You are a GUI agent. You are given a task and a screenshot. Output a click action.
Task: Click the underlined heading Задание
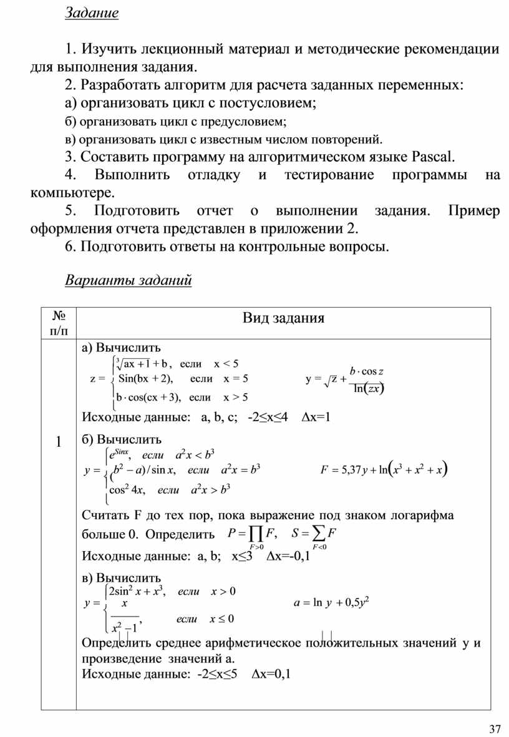tap(92, 14)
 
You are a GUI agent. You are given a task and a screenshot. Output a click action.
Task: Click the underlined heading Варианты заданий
tap(128, 280)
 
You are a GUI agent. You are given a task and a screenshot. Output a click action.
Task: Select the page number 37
tap(495, 729)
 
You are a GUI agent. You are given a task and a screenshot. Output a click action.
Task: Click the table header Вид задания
tap(284, 318)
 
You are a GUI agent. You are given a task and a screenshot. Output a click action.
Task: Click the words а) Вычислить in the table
tap(121, 348)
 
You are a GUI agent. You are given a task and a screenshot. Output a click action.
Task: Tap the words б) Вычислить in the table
tap(121, 440)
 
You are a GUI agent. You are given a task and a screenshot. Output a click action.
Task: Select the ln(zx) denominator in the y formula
tap(367, 389)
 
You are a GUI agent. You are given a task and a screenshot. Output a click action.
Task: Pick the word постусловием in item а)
tap(272, 102)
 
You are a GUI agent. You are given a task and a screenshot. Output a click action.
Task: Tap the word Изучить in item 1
tap(110, 49)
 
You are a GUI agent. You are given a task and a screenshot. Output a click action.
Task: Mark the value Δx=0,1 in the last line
tap(272, 673)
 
